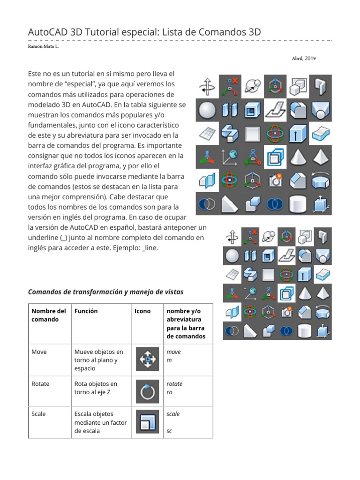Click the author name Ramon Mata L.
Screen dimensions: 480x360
44,47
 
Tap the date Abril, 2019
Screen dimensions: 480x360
303,59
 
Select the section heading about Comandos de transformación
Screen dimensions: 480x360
105,292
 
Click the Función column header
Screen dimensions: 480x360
86,311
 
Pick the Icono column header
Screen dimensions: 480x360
142,311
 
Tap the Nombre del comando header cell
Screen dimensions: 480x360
49,315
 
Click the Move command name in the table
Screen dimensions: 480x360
39,352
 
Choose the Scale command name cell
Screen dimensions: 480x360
38,414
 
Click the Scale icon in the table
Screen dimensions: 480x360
148,422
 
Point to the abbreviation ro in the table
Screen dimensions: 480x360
170,392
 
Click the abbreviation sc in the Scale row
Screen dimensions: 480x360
169,431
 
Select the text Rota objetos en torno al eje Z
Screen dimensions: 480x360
96,388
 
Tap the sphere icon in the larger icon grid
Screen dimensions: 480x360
207,110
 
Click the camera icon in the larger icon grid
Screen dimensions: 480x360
275,180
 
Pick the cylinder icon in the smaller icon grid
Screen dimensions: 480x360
304,331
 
